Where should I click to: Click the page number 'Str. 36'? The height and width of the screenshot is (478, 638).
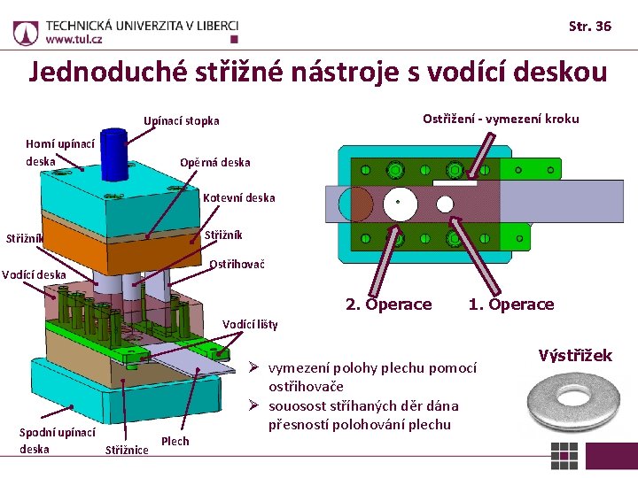tap(589, 26)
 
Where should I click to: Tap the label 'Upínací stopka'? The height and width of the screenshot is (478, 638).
tap(182, 120)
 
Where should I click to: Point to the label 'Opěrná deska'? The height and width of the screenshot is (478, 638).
tap(214, 162)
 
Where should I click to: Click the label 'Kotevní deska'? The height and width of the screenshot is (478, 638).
tap(238, 197)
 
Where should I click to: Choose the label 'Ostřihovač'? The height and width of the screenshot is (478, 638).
tap(237, 264)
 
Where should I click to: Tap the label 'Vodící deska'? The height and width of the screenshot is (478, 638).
tap(34, 274)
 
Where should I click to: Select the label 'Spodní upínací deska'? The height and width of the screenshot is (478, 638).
tap(58, 440)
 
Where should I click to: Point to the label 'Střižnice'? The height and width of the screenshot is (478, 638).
tap(127, 451)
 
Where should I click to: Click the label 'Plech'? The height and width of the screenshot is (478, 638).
tap(175, 441)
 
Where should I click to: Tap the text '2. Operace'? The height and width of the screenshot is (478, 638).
tap(388, 305)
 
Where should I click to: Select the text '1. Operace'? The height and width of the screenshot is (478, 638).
tap(510, 305)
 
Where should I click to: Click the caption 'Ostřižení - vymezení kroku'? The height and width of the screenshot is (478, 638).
tap(501, 119)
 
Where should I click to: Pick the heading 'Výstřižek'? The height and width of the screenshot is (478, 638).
tap(575, 356)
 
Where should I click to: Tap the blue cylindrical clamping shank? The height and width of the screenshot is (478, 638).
tap(113, 154)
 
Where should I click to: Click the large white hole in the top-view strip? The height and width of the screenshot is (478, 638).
tap(399, 202)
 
